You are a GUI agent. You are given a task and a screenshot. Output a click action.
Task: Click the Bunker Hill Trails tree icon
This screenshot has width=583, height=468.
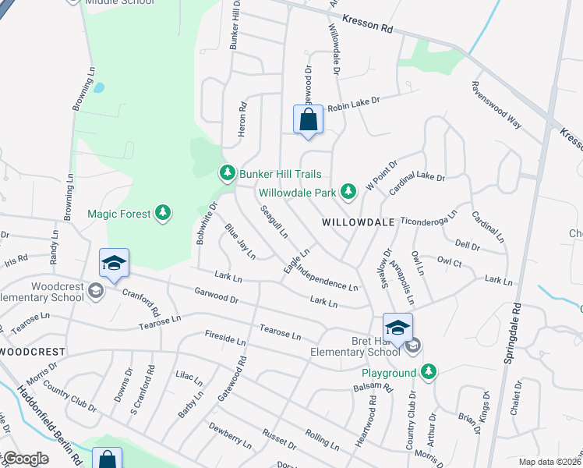pos(227,172)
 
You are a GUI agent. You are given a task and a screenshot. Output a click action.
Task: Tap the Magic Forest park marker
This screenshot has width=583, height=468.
pos(162,212)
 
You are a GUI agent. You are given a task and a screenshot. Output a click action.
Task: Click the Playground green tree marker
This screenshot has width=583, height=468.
pos(428,372)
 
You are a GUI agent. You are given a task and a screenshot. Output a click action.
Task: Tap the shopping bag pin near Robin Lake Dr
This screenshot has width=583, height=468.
pos(308,120)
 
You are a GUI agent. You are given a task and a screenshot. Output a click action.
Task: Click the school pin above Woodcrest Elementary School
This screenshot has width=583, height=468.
pos(114,264)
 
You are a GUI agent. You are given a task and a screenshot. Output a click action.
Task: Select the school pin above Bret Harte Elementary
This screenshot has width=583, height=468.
pos(397,327)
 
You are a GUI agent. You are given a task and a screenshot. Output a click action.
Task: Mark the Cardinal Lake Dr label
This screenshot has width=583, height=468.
pos(418,178)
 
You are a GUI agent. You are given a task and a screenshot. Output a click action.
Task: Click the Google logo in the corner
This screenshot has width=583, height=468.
pos(26,459)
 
